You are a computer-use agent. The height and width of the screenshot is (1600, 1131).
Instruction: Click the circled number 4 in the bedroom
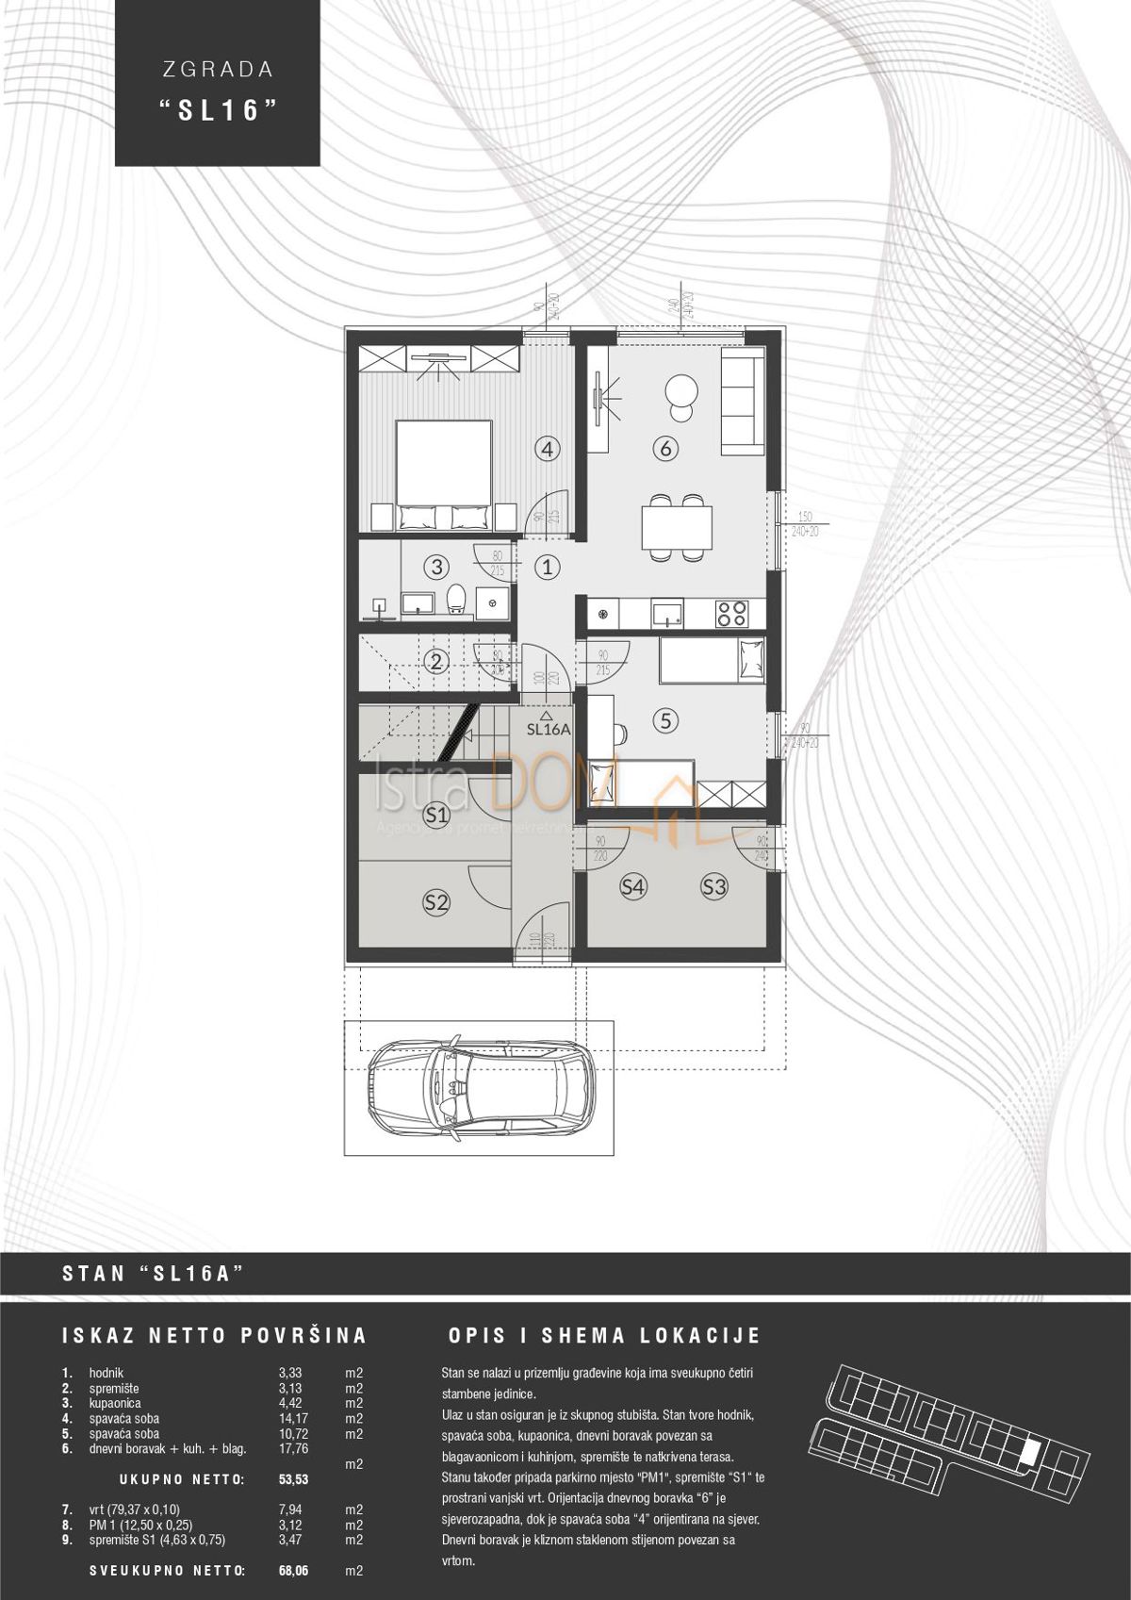[549, 450]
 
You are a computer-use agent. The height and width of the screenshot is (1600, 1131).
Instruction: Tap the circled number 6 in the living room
[665, 450]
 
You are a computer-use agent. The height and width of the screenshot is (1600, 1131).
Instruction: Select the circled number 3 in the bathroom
[435, 567]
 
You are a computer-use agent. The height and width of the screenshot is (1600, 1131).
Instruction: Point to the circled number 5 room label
[665, 721]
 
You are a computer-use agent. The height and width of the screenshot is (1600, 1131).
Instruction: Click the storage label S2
[434, 901]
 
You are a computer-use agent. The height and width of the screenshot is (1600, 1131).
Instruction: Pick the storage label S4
[632, 886]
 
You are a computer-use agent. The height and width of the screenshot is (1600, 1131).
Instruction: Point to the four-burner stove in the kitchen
[730, 614]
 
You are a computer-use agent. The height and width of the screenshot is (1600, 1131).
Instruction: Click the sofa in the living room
[742, 402]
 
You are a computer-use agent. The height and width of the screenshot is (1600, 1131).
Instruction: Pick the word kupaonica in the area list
[115, 1403]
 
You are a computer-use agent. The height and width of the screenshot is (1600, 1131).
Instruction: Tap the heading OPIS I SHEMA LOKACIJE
[604, 1336]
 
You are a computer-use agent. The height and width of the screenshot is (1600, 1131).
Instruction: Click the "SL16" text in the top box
[219, 110]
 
